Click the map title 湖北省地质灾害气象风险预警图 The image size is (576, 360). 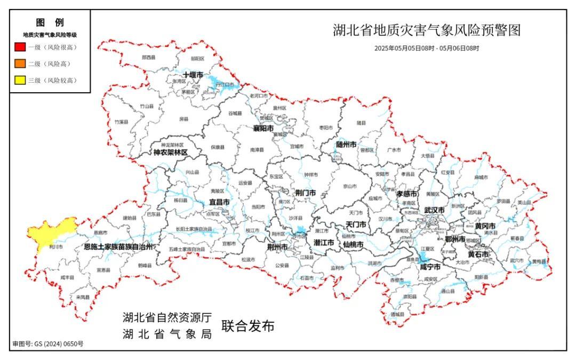coord(426,30)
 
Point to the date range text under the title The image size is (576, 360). coord(427,48)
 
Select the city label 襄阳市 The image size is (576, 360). coord(263,129)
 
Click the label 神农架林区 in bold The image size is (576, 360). coord(171,153)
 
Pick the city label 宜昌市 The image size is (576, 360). coord(219,203)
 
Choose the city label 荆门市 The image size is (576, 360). coord(305,193)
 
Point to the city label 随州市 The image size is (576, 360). coord(346,144)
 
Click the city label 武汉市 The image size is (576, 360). coord(434,210)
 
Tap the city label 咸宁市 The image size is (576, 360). coord(430,267)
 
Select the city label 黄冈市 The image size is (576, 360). coord(485,226)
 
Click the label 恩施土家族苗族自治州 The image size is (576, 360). coord(118,247)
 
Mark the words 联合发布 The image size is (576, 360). coord(248,326)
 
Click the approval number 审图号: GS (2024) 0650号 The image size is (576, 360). coord(48,344)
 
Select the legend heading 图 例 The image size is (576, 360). coord(50,23)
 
